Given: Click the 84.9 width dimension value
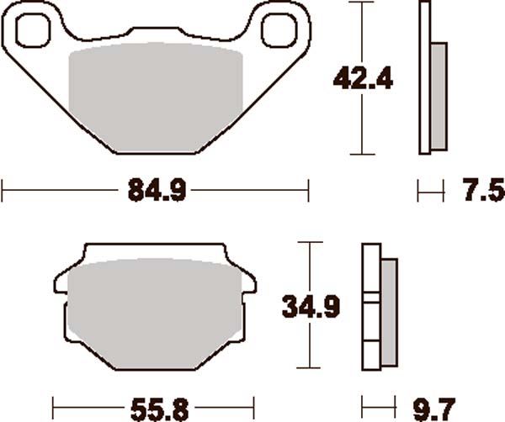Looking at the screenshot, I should click(x=157, y=192).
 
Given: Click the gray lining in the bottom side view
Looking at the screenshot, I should click(x=390, y=311).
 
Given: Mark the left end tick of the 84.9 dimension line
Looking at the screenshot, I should click(x=3, y=192).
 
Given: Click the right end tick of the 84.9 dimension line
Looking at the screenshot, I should click(x=309, y=192).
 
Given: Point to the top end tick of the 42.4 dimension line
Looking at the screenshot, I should click(x=361, y=3).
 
